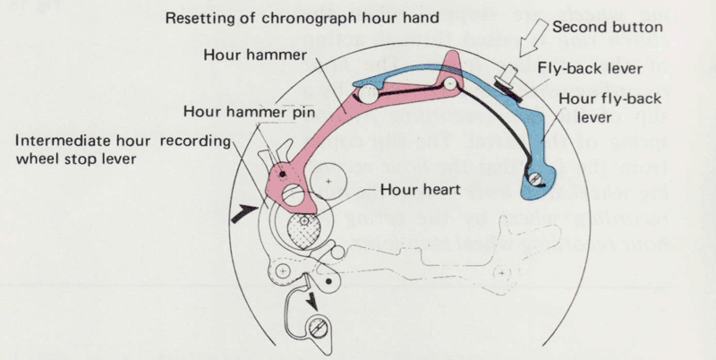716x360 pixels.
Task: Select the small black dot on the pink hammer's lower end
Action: tap(283, 173)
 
